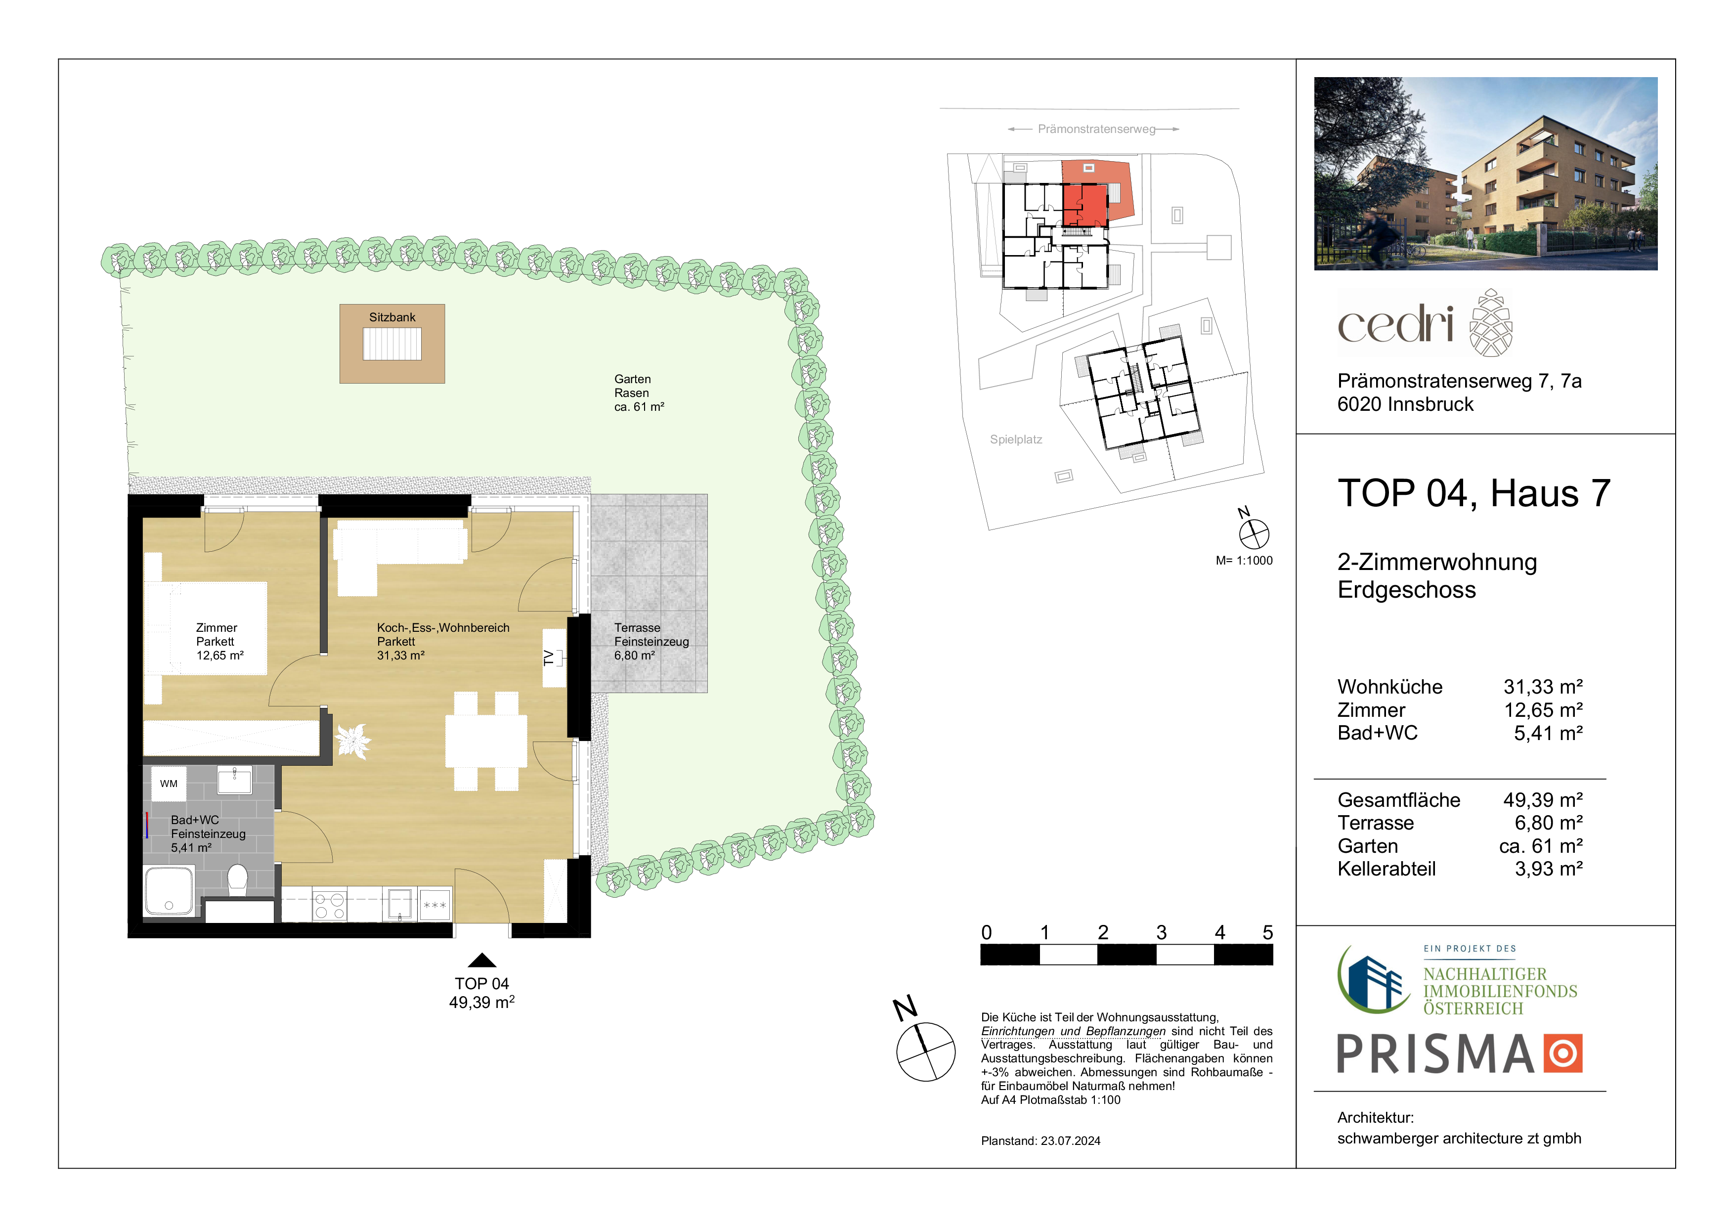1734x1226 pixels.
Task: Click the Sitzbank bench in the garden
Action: pyautogui.click(x=392, y=344)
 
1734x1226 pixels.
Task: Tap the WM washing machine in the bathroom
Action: pyautogui.click(x=169, y=784)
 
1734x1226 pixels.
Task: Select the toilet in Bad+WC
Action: pyautogui.click(x=237, y=880)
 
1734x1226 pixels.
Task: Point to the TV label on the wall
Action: pyautogui.click(x=549, y=658)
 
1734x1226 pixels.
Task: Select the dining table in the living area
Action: pyautogui.click(x=485, y=741)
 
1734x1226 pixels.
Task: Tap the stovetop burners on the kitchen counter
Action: pyautogui.click(x=329, y=906)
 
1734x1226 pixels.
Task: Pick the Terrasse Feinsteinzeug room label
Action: pyautogui.click(x=651, y=641)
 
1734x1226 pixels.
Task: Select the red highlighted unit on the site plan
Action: pyautogui.click(x=1085, y=205)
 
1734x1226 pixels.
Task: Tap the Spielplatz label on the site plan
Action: pyautogui.click(x=1016, y=439)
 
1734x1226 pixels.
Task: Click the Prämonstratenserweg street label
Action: pyautogui.click(x=1096, y=129)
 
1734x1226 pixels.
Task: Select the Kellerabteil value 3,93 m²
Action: pyautogui.click(x=1548, y=869)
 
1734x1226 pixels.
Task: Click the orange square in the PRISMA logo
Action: pyautogui.click(x=1562, y=1053)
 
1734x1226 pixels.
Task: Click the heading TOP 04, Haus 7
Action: pyautogui.click(x=1474, y=493)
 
